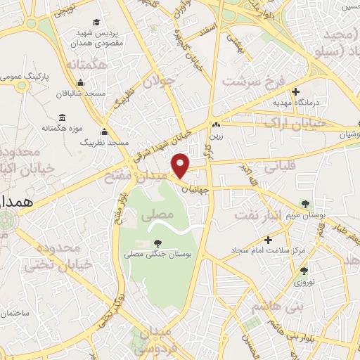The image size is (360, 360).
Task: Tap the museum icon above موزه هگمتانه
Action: pyautogui.click(x=63, y=117)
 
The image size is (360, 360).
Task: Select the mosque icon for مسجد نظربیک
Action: pyautogui.click(x=105, y=131)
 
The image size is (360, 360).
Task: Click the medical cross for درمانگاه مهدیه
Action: pyautogui.click(x=296, y=91)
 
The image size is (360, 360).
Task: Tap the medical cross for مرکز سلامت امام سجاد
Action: pyautogui.click(x=268, y=240)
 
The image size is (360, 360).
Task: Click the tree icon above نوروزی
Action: pyautogui.click(x=304, y=271)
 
